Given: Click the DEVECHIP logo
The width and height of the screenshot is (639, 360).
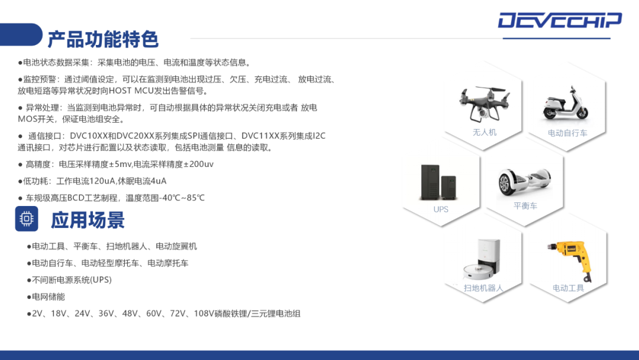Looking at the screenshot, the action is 560,20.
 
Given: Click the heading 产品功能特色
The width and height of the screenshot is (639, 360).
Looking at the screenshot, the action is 103,39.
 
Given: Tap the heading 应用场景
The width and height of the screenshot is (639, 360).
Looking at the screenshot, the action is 88,220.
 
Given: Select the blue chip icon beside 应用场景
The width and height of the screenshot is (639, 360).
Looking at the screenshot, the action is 27,219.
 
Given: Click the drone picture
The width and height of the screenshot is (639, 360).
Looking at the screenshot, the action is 484,104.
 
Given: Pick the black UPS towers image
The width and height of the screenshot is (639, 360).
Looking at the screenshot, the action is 438,182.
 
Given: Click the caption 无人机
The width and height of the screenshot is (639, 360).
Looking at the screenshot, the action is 485,132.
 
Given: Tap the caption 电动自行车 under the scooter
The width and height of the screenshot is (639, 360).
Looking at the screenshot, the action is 567,133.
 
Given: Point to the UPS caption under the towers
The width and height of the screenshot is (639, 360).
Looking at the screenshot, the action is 441,209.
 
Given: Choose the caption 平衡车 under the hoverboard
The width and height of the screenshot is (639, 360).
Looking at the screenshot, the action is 525,206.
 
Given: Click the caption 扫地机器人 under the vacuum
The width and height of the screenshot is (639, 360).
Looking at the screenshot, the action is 483,288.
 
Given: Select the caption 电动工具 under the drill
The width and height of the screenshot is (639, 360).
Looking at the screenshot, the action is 568,288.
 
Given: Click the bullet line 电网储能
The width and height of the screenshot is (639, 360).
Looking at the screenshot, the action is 46,297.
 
